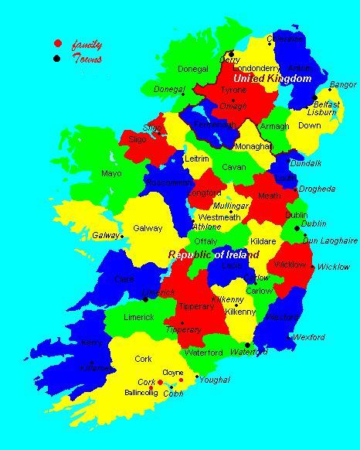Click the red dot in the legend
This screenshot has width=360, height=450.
58,43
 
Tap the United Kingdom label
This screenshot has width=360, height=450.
272,79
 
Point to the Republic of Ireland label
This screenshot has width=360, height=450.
214,254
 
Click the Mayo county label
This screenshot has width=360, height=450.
111,173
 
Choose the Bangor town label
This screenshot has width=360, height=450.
342,84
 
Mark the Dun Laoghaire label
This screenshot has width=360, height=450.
330,241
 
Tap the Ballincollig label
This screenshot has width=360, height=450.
141,393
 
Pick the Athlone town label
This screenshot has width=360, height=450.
205,227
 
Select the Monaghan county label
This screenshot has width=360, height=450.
253,146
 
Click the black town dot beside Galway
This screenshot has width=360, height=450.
122,237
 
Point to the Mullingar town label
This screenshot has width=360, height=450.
231,206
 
